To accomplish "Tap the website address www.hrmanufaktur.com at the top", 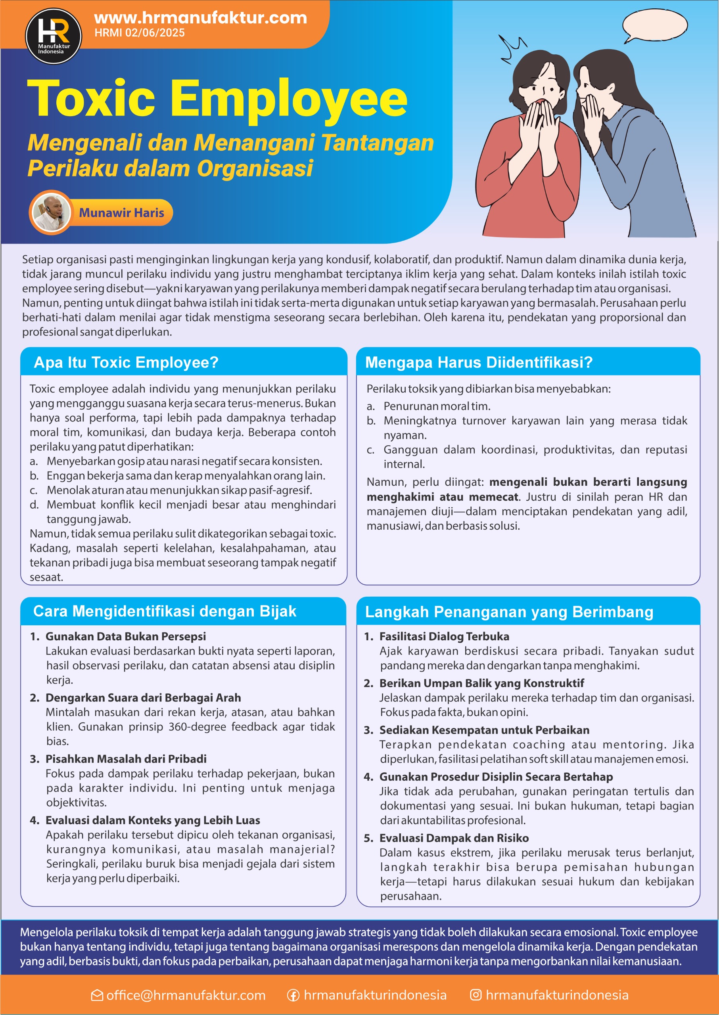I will pos(201,18).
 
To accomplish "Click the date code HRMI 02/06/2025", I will pos(140,33).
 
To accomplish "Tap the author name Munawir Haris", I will pos(121,213).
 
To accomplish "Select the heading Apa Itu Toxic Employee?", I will pos(126,362).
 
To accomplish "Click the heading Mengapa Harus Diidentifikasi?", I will pos(479,362).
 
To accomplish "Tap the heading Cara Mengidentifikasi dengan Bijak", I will pos(164,611).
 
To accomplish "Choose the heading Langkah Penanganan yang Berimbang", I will pos(509,612).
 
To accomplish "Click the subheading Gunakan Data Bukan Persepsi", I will pos(125,636).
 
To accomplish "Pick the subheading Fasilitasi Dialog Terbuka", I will pos(444,636).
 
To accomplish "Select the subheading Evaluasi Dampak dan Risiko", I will pos(454,838).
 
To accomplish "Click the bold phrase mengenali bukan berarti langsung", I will pos(588,482).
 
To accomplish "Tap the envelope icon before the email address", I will pos(97,995).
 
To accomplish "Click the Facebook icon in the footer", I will pos(293,995).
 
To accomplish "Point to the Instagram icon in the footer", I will pos(475,995).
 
